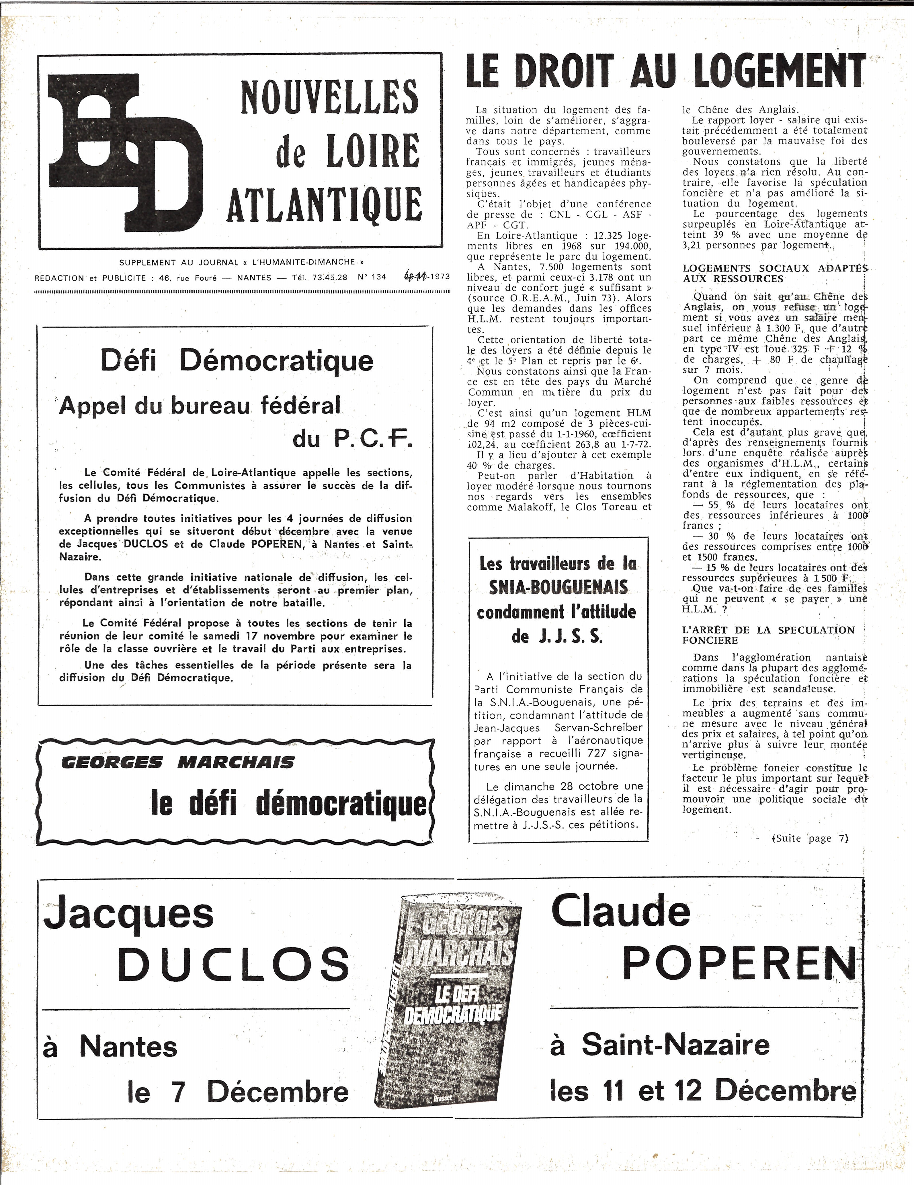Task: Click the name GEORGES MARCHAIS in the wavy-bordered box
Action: (x=178, y=762)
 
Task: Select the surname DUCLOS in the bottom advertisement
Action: (x=234, y=964)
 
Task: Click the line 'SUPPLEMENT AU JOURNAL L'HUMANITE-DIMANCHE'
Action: (x=241, y=262)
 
